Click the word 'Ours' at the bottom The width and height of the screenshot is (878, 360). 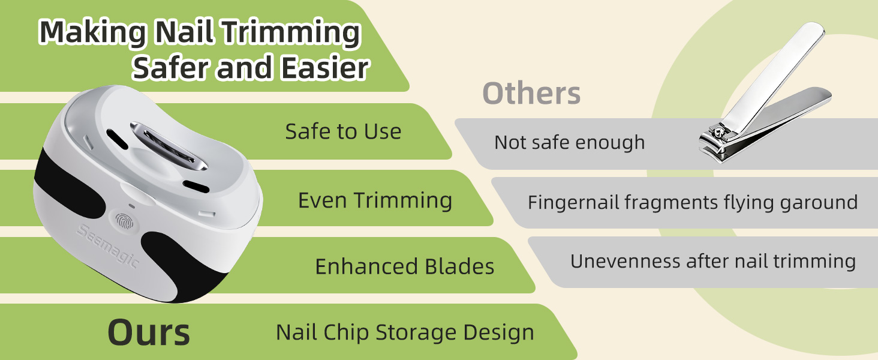(149, 332)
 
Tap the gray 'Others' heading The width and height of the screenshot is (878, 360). (531, 94)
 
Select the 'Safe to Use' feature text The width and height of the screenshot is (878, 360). (343, 131)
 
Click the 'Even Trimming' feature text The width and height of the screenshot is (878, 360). (375, 201)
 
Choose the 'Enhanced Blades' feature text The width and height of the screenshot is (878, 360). (404, 266)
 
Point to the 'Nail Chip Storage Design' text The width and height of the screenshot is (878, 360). (405, 332)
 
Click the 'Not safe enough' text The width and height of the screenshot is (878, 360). (569, 142)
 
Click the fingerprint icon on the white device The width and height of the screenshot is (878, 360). (125, 222)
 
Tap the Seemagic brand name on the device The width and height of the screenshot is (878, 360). (107, 247)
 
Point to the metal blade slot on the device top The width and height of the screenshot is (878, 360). (168, 146)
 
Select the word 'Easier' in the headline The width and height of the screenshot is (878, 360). (325, 67)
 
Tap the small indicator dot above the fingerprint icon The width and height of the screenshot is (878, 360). (132, 206)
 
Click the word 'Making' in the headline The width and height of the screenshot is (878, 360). (92, 33)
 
